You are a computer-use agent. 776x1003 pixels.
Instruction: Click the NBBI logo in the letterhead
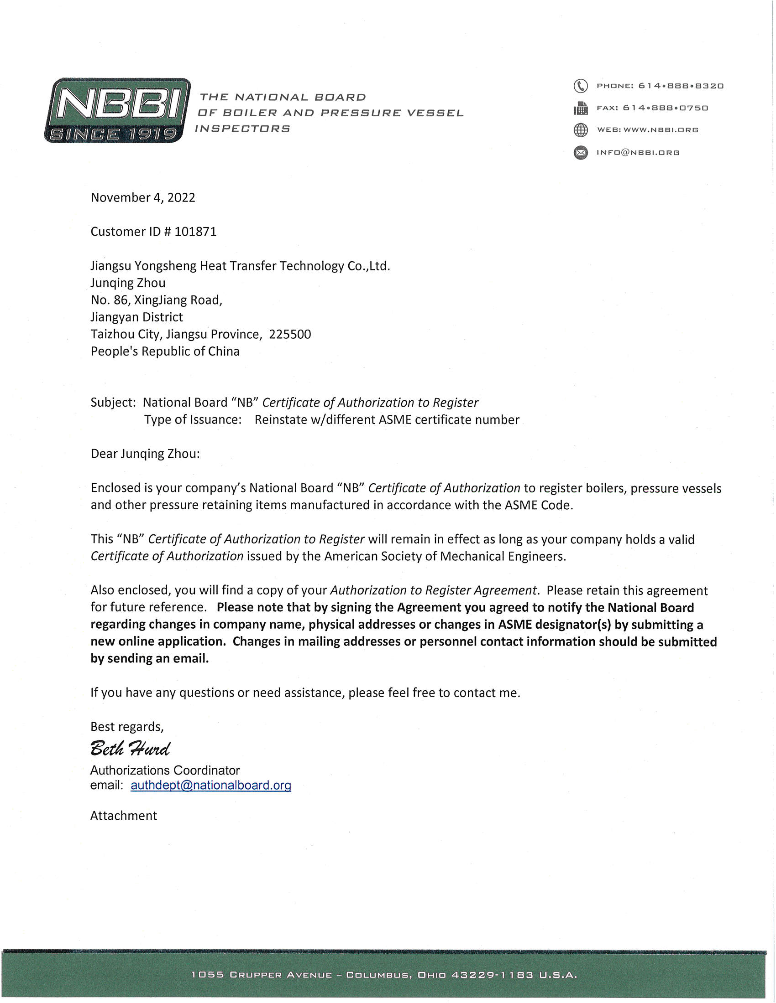click(x=118, y=110)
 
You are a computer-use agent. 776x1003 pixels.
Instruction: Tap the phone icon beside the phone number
click(x=581, y=86)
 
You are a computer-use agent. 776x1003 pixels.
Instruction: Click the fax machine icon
click(x=581, y=109)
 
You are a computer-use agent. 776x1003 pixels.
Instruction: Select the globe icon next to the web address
click(x=581, y=130)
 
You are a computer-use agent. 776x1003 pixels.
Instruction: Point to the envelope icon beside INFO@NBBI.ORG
click(x=581, y=152)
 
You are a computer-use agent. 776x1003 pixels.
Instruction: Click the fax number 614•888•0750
click(x=665, y=108)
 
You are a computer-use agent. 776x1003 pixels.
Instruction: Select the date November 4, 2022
click(x=143, y=197)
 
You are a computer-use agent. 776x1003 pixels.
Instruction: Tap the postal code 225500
click(x=290, y=334)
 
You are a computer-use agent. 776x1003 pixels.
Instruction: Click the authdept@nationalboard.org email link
click(x=211, y=785)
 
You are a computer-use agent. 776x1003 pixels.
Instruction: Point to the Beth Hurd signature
click(x=130, y=749)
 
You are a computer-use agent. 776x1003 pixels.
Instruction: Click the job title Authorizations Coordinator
click(x=165, y=770)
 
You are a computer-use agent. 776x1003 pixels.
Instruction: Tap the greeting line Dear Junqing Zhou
click(x=145, y=454)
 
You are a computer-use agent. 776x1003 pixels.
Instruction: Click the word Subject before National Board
click(x=113, y=402)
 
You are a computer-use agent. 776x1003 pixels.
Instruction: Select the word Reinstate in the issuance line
click(x=281, y=420)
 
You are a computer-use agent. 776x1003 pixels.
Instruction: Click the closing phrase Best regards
click(x=127, y=727)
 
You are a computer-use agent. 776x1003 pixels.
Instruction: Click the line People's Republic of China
click(x=165, y=352)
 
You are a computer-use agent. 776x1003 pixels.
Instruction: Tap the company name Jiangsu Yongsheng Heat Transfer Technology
click(x=240, y=266)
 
